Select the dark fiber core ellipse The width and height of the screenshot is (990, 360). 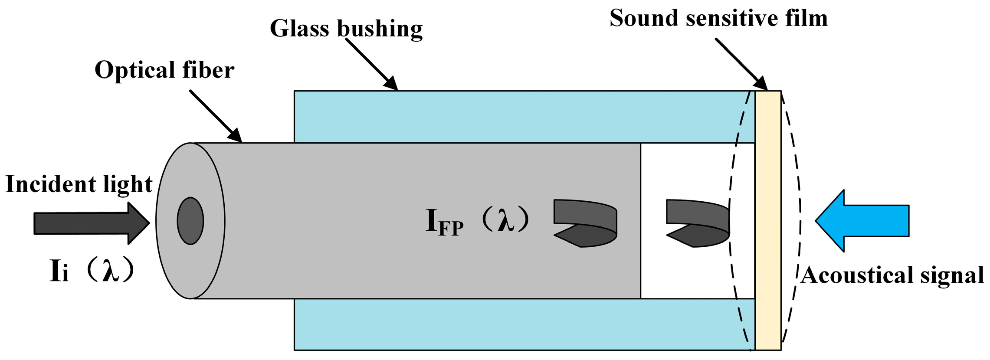[190, 221]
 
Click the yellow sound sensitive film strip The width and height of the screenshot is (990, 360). [768, 220]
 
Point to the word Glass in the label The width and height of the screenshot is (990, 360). [299, 29]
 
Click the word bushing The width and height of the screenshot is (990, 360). [380, 29]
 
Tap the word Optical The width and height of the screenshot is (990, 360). [133, 70]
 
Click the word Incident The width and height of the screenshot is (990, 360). [48, 184]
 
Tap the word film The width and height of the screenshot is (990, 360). [806, 19]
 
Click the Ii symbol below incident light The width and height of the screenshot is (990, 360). [59, 272]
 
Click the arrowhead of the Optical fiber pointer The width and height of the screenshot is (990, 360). [235, 135]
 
